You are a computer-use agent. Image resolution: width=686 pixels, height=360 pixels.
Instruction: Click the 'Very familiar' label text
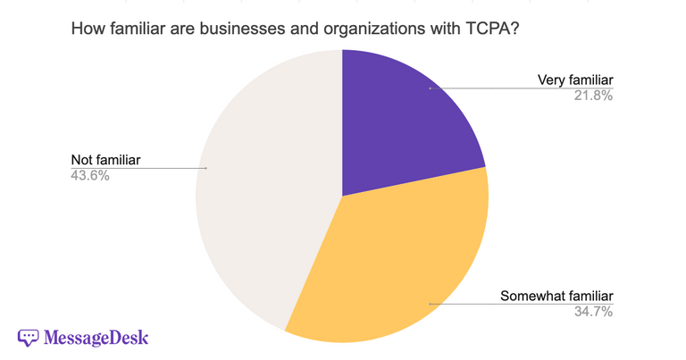pos(574,80)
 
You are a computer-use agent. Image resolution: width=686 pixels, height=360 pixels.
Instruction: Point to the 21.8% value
pos(593,96)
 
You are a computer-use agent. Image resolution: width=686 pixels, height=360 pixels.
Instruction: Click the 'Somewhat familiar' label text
pos(556,297)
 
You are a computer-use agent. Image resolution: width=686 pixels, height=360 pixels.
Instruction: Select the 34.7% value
pos(593,312)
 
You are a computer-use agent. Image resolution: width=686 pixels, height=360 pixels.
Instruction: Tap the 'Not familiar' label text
pos(106,161)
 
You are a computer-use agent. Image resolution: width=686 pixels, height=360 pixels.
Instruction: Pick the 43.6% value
pos(90,176)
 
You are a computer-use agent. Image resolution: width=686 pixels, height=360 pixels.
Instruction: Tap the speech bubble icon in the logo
pos(29,338)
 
